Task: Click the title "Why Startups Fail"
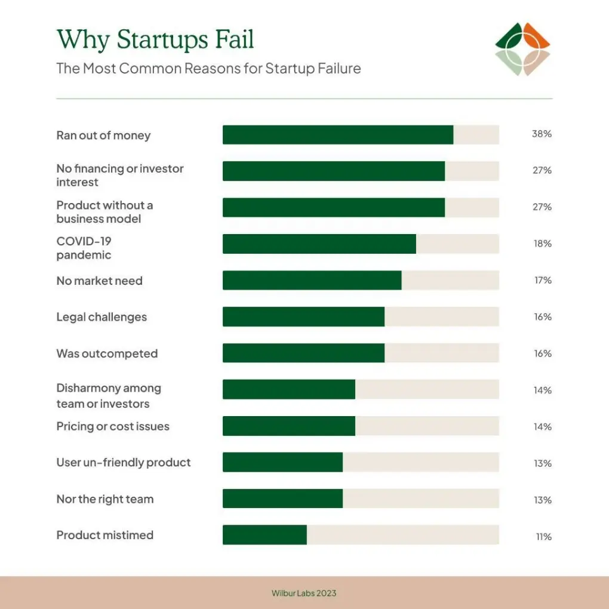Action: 155,40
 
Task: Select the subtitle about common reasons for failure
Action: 208,68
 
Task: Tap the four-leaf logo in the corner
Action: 522,50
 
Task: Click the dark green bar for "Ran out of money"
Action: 338,135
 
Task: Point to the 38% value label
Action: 542,134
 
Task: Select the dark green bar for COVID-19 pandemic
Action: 319,244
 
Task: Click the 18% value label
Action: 543,244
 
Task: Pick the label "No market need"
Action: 100,281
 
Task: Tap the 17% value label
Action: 543,280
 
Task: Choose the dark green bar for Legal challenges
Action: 303,316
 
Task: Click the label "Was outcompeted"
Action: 107,353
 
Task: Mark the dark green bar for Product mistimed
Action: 264,535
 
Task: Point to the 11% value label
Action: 543,537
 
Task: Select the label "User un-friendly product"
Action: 124,463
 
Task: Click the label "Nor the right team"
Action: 105,499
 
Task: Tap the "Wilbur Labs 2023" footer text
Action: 304,593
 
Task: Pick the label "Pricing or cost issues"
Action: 113,426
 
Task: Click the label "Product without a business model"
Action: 104,212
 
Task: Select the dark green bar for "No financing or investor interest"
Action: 334,171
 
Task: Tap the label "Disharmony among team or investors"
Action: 109,396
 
